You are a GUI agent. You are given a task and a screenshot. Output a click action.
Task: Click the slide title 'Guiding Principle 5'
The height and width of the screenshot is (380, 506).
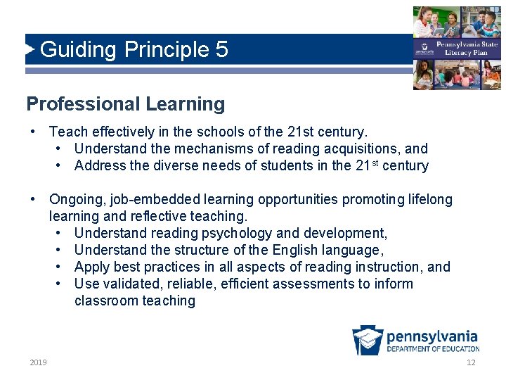[x=134, y=50]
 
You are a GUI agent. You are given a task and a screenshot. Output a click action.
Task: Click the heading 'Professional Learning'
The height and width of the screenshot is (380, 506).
[x=126, y=104]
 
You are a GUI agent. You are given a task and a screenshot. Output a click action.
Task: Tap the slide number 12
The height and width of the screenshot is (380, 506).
[x=471, y=362]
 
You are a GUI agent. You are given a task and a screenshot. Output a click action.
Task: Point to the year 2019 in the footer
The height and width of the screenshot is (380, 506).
[x=39, y=362]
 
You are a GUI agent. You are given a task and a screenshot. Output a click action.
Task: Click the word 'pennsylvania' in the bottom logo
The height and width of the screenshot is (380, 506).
[x=432, y=336]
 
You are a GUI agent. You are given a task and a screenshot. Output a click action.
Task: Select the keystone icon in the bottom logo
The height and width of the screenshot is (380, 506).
[x=367, y=341]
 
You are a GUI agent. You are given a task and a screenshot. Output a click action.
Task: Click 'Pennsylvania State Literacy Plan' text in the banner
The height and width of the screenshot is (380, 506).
[x=461, y=48]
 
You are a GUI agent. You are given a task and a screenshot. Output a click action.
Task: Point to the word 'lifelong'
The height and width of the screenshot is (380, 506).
[x=430, y=199]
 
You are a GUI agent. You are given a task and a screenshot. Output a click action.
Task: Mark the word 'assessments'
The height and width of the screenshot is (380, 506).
[x=309, y=284]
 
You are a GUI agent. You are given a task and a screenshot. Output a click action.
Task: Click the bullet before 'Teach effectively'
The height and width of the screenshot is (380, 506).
[x=33, y=132]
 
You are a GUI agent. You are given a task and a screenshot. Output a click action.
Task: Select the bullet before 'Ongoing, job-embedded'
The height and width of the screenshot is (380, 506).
[x=33, y=199]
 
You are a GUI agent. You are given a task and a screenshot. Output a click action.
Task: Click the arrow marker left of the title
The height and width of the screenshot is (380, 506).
[x=30, y=50]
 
